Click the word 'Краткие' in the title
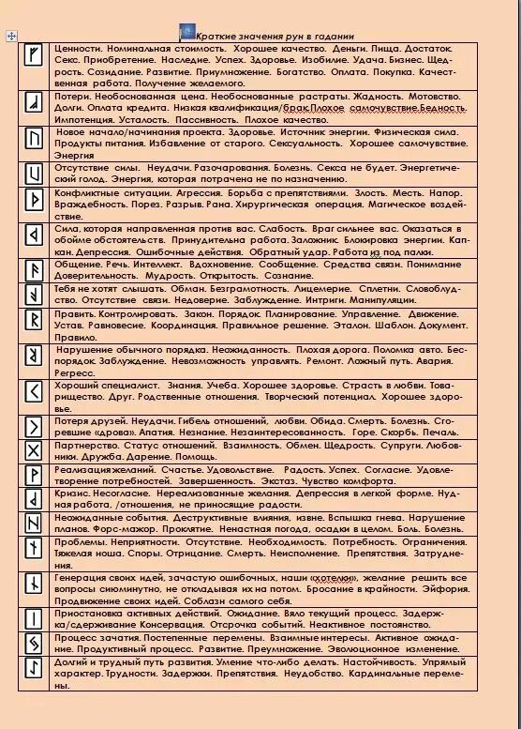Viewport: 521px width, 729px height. point(213,34)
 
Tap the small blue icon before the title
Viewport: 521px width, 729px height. point(186,32)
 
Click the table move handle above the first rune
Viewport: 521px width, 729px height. point(9,35)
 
